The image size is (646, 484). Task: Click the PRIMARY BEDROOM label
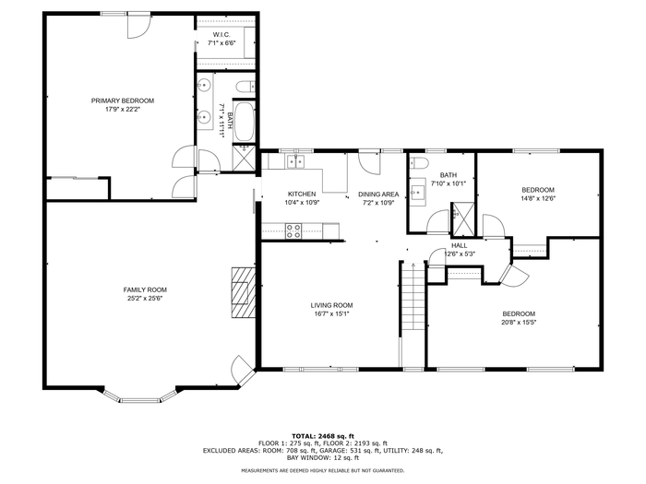click(x=123, y=100)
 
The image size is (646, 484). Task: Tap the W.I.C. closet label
click(x=221, y=35)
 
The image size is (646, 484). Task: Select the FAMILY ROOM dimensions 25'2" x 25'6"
click(x=145, y=299)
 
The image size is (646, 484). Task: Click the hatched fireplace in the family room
click(x=243, y=292)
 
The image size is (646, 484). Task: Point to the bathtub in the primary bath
click(x=244, y=122)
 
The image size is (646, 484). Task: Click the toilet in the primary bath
click(x=245, y=87)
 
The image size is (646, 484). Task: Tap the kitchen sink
click(x=295, y=161)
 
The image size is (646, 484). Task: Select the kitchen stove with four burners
click(x=293, y=230)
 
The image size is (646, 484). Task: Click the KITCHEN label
click(x=302, y=195)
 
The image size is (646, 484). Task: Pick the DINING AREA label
click(x=378, y=195)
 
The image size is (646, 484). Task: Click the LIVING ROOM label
click(x=331, y=305)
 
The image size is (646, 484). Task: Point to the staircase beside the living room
click(x=413, y=295)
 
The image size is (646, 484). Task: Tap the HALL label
click(x=459, y=246)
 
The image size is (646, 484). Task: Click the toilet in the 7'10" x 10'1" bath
click(x=419, y=163)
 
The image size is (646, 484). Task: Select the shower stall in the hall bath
click(x=463, y=219)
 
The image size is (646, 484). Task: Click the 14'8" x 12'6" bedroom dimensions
click(x=538, y=198)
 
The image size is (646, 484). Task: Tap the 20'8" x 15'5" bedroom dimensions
click(x=519, y=323)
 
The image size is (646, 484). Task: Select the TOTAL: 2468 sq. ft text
click(x=323, y=436)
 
